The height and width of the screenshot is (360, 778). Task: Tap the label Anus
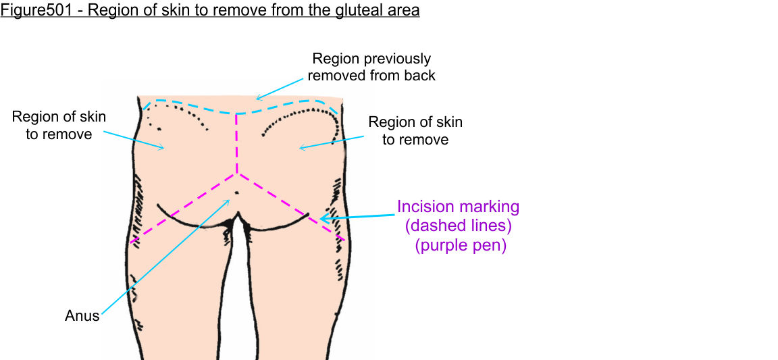point(82,315)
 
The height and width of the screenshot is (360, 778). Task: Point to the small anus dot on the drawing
point(236,193)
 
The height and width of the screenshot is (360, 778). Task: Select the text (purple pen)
point(460,245)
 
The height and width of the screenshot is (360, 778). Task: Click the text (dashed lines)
point(459,226)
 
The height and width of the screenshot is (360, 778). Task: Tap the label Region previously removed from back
point(371,68)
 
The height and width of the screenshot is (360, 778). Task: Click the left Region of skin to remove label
point(59,126)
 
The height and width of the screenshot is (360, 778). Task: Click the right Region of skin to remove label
point(415,131)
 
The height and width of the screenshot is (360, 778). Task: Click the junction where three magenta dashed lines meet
point(236,174)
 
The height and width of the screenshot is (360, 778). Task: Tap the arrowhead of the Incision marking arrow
point(321,219)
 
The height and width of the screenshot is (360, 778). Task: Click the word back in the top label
point(420,75)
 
